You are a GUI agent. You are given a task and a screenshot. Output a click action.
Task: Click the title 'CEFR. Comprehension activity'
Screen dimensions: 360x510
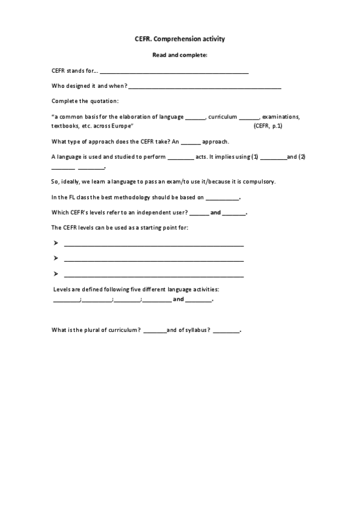coord(180,39)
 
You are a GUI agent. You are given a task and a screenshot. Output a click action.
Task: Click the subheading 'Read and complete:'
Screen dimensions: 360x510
coord(180,55)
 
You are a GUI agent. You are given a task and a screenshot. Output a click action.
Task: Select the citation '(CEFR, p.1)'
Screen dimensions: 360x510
coord(268,126)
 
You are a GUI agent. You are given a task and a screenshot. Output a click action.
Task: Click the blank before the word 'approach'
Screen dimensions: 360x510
coord(190,143)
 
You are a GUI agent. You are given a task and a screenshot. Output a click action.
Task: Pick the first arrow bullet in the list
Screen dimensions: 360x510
coord(55,244)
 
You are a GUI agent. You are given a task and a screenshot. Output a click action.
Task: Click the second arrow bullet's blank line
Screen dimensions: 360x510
coord(153,260)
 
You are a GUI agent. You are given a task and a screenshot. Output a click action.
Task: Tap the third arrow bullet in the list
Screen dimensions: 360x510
coord(55,274)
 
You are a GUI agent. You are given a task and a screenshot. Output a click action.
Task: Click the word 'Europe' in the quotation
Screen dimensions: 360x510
coord(121,126)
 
